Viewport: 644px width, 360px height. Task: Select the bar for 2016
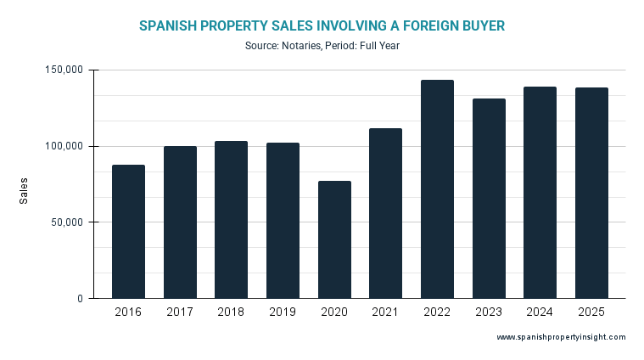point(128,232)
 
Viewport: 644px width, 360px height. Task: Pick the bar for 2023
point(489,199)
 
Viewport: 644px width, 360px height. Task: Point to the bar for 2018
point(231,220)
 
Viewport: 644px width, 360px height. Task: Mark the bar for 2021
point(385,213)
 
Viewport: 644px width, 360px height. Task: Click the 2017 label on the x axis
point(180,313)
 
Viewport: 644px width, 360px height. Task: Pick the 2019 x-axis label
point(283,313)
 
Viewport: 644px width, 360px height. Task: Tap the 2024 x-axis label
point(540,313)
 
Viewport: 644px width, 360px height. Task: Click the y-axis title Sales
point(24,190)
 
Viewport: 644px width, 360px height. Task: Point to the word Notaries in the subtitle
point(302,46)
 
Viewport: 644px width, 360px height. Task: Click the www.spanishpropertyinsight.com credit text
point(561,337)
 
